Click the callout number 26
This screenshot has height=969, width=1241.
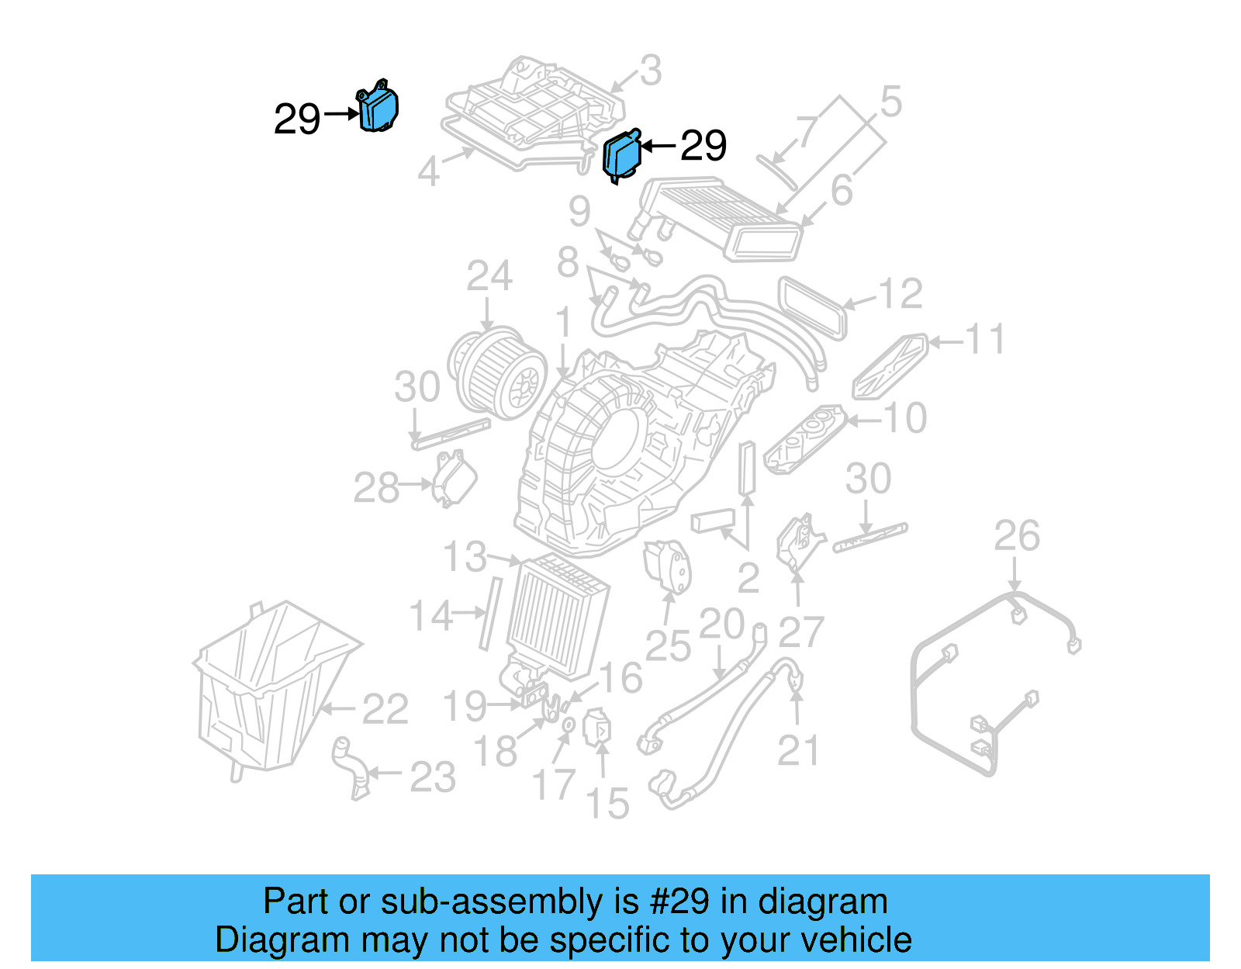coord(1016,537)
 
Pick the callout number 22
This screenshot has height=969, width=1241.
coord(385,709)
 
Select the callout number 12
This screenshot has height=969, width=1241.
coord(900,294)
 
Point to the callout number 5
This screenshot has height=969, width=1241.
coord(891,102)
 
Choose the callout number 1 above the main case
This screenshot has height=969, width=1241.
coord(564,324)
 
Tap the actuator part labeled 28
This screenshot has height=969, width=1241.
coord(454,479)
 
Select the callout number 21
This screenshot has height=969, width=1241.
coord(798,750)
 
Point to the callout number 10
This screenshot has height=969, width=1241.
coord(905,419)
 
